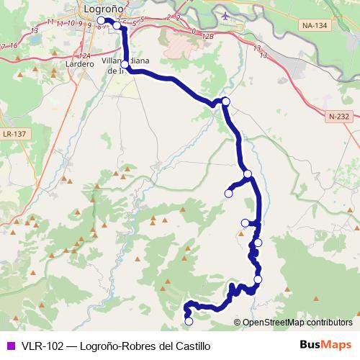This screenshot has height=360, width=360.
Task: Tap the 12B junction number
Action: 209,35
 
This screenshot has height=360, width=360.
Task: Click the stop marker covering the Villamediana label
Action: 125,65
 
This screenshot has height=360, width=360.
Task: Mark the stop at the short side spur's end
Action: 229,193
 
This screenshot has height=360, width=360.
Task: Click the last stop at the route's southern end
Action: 189,321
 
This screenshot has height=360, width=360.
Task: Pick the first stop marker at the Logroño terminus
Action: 102,21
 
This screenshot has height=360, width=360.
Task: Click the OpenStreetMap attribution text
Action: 297,322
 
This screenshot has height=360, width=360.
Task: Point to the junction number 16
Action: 14,45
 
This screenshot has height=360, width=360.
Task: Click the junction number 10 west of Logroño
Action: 71,23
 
